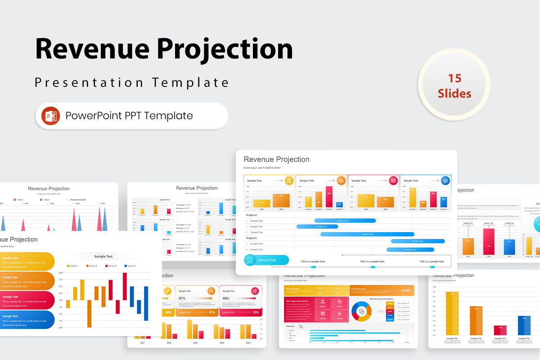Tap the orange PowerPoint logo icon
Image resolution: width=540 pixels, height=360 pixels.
pyautogui.click(x=50, y=116)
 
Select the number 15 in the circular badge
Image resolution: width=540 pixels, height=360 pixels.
pyautogui.click(x=454, y=78)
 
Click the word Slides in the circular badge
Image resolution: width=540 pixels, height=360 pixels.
pyautogui.click(x=454, y=94)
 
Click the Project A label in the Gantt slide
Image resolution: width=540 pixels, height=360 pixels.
pyautogui.click(x=252, y=215)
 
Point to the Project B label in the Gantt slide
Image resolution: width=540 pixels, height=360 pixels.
pyautogui.click(x=252, y=238)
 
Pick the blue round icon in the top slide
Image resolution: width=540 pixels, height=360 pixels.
pyautogui.click(x=445, y=180)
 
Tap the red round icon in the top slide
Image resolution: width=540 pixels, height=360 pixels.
pyautogui.click(x=393, y=180)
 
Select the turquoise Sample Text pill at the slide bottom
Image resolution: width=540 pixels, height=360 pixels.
pyautogui.click(x=266, y=260)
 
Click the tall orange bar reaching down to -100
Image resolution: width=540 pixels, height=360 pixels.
pyautogui.click(x=89, y=314)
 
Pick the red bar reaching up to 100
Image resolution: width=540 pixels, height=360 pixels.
pyautogui.click(x=125, y=286)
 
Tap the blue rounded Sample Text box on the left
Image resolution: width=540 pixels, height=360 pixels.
pyautogui.click(x=27, y=319)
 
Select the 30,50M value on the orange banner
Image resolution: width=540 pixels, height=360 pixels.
pyautogui.click(x=405, y=291)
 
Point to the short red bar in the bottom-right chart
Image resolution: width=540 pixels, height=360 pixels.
pyautogui.click(x=500, y=330)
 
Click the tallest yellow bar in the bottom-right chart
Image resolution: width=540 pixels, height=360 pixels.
pyautogui.click(x=452, y=313)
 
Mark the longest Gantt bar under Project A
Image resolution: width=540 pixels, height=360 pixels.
pyautogui.click(x=367, y=234)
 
